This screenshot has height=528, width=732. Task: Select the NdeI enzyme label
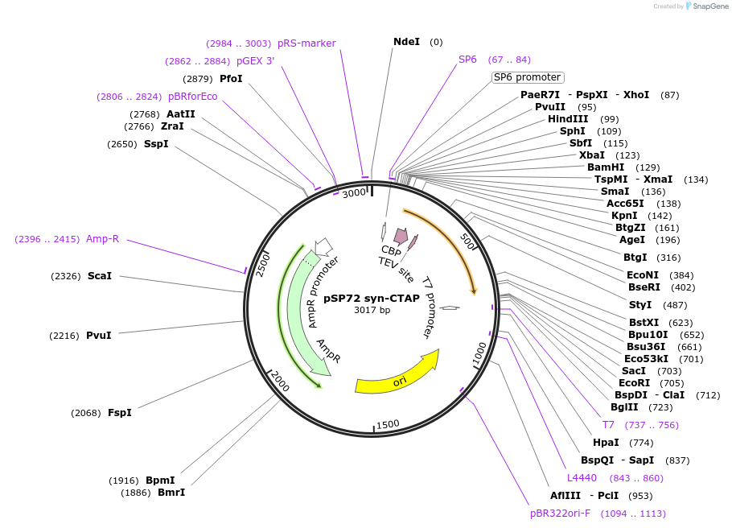(406, 42)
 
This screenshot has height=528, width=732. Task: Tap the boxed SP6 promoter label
(528, 77)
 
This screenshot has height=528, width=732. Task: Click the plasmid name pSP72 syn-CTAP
(372, 298)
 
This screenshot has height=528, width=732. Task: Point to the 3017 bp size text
(372, 310)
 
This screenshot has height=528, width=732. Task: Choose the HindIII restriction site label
(568, 119)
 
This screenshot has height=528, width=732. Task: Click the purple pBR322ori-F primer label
(560, 514)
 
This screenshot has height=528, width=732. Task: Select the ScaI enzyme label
(100, 276)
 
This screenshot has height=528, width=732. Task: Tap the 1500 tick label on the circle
(388, 424)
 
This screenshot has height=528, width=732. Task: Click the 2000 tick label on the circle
(280, 381)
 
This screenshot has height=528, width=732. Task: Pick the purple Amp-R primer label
(103, 239)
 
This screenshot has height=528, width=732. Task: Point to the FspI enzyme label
(120, 413)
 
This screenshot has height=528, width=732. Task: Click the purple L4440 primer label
(582, 477)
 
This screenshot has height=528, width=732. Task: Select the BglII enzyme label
(624, 407)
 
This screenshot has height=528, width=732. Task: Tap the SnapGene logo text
(710, 6)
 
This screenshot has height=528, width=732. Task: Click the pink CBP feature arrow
(401, 236)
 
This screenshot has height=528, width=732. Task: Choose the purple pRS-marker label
(306, 43)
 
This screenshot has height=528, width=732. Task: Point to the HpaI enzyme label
(606, 443)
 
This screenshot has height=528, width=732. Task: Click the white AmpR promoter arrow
(323, 245)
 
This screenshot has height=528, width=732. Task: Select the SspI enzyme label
(156, 144)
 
